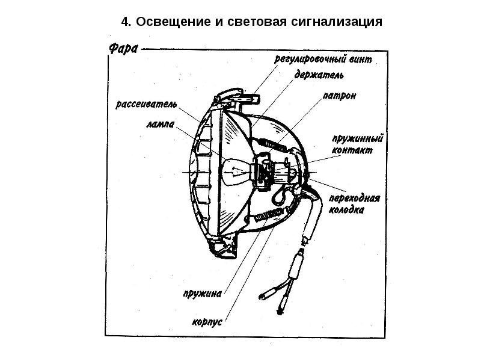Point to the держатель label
tap(319, 76)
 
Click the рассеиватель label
tap(147, 104)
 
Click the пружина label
tap(203, 295)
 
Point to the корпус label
tap(207, 322)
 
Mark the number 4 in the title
tap(124, 23)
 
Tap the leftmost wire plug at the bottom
tap(267, 295)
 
